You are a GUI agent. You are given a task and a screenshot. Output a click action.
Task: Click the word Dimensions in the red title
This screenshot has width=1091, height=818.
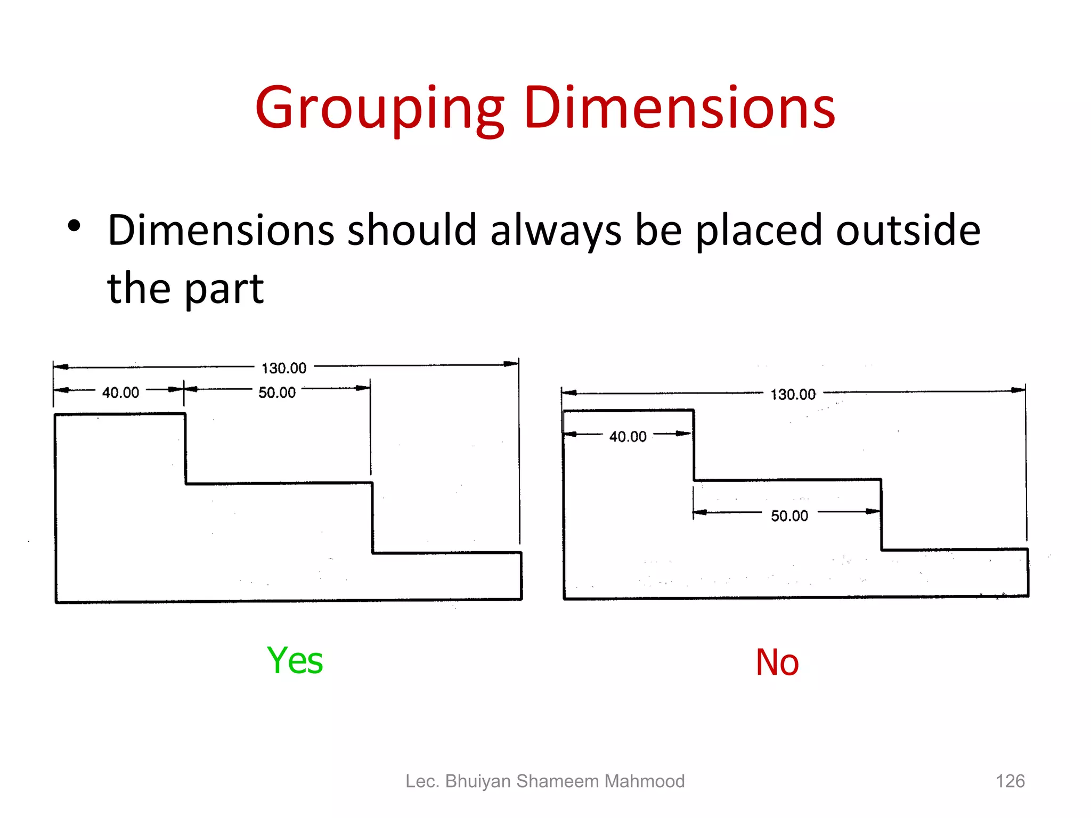coord(679,109)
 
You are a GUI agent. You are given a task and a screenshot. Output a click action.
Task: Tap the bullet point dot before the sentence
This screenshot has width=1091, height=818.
coord(74,226)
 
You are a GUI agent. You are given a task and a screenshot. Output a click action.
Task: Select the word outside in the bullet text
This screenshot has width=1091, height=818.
coord(908,230)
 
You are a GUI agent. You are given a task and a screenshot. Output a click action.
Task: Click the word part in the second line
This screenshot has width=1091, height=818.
coord(224,289)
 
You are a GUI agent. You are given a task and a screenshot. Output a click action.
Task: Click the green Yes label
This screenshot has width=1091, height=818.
coord(295,660)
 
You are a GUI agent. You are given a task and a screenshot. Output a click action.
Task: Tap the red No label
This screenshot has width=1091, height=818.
coord(777,662)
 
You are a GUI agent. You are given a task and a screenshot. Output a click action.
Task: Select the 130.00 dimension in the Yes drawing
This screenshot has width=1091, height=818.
coord(284,368)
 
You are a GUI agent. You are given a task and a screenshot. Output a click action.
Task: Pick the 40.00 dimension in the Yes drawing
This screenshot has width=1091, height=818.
coord(120,392)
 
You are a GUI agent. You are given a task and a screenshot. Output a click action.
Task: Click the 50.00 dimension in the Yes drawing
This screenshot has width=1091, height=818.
coord(277,392)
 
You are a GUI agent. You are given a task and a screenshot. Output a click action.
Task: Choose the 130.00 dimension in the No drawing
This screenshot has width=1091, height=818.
coord(793,395)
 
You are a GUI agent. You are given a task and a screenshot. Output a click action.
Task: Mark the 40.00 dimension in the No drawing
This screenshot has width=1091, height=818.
coord(628,437)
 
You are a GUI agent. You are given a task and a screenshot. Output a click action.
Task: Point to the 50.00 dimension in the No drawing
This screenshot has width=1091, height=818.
coord(789,516)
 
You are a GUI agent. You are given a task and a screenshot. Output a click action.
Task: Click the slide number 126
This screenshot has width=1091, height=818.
coord(1010,781)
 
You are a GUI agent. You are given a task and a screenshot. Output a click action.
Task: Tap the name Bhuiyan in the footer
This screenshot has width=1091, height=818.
coord(478,781)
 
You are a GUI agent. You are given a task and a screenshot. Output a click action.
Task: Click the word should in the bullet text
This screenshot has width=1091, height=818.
coord(412,230)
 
